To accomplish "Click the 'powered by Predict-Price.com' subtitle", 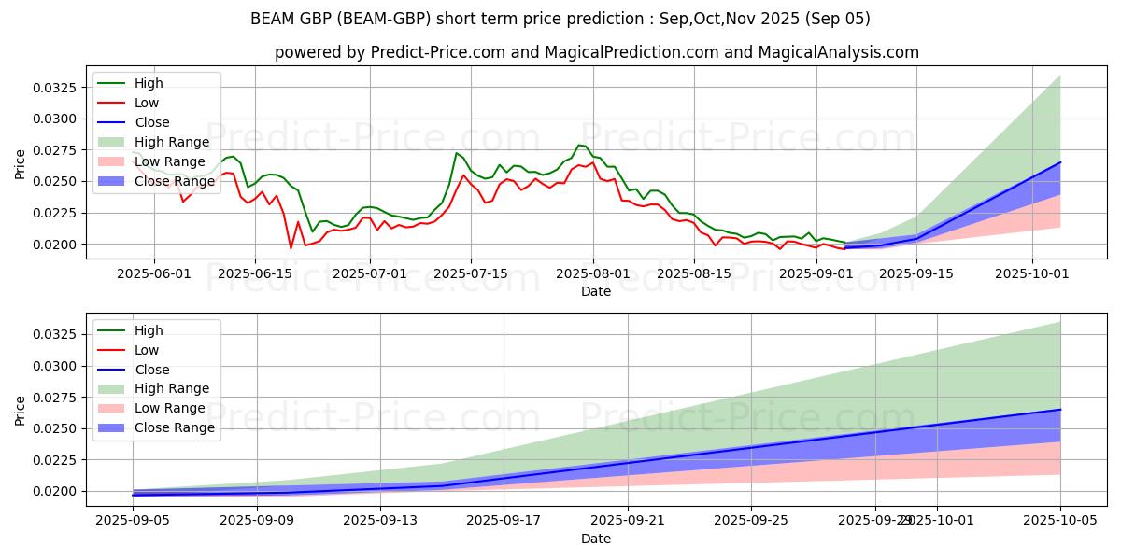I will (596, 52).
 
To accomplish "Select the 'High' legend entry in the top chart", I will (148, 83).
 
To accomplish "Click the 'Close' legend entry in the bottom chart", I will (152, 369).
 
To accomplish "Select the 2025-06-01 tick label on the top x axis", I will (154, 273).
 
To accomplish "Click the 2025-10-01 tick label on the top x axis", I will (1032, 273).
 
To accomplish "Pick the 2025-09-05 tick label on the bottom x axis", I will (134, 520).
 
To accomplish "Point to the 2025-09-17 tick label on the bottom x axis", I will (504, 520).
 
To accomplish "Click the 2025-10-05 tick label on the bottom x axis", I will (1060, 520).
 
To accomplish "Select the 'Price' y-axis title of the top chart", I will (21, 164).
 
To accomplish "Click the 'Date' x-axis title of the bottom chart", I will (596, 539).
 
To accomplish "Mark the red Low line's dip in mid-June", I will (291, 247).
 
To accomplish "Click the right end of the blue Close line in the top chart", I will (1060, 162).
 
